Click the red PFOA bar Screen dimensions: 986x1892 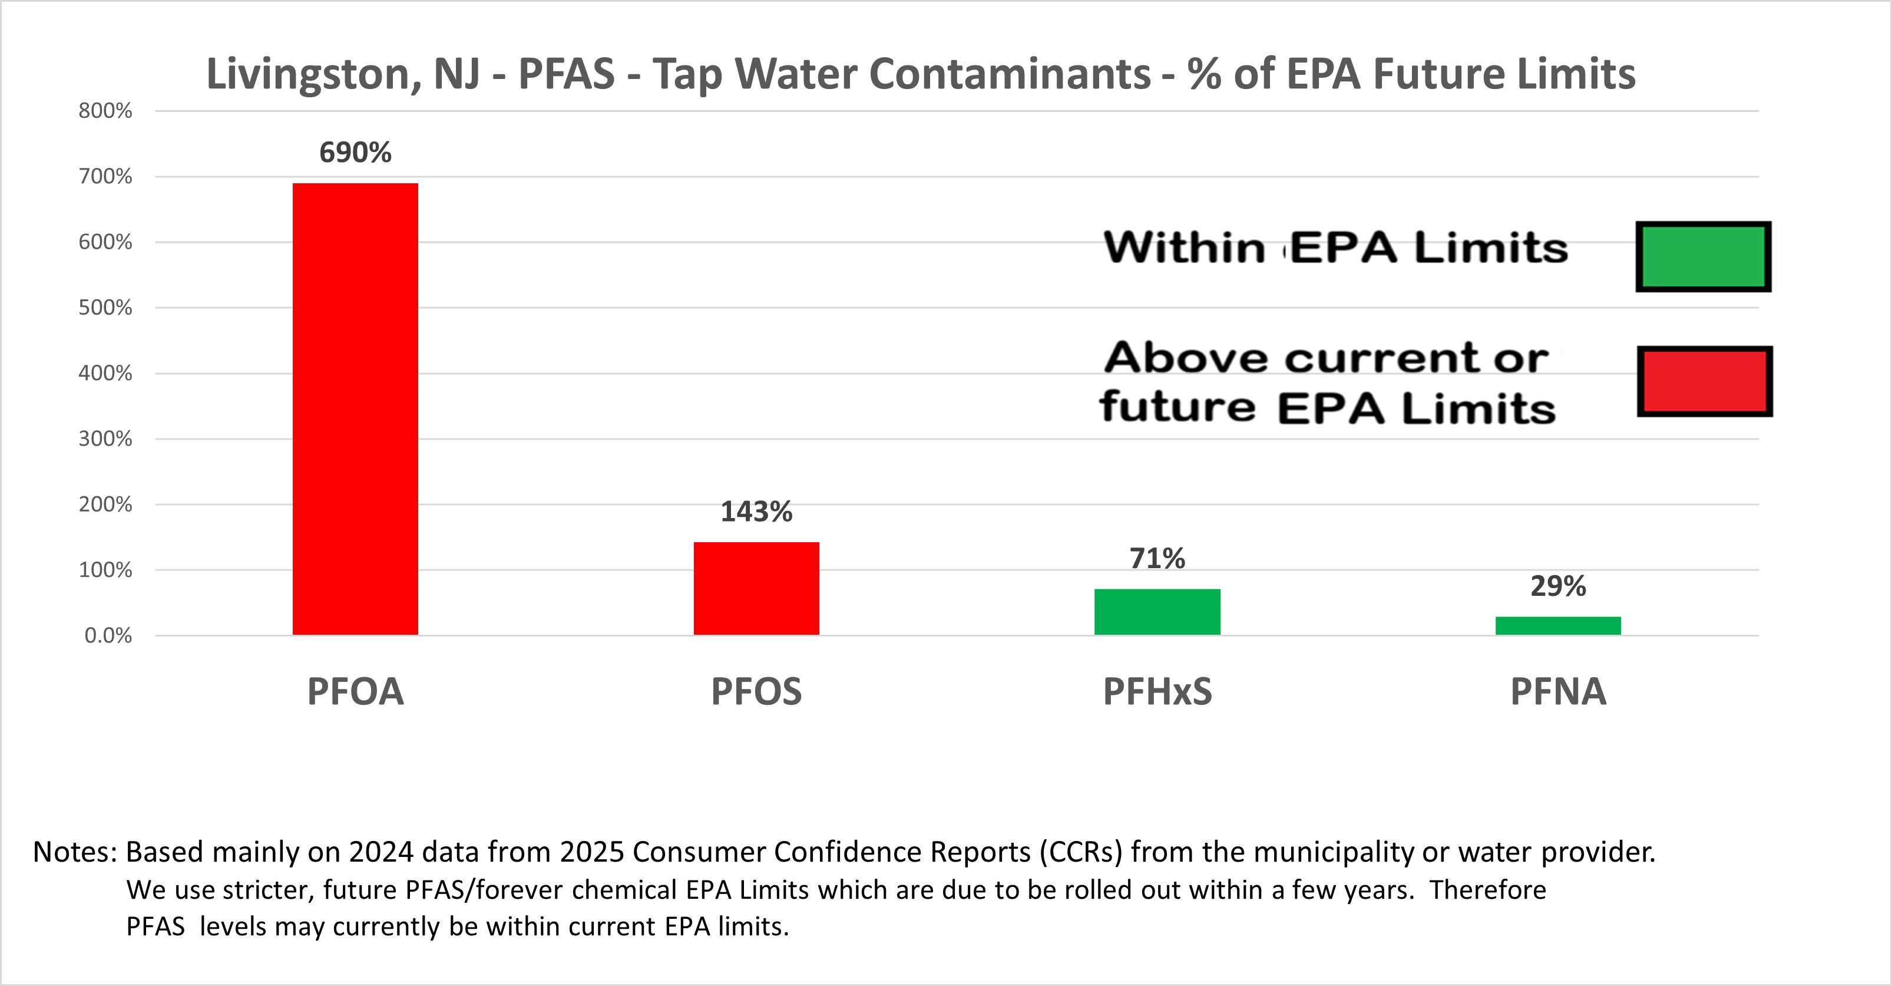[x=355, y=408]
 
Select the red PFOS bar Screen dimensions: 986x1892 [x=756, y=588]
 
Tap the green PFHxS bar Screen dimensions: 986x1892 [x=1157, y=611]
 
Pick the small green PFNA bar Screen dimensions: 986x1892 [x=1558, y=625]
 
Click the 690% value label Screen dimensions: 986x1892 [x=355, y=152]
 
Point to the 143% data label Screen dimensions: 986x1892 [x=756, y=512]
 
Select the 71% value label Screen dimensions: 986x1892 [x=1157, y=558]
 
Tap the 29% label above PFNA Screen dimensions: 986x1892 [x=1558, y=586]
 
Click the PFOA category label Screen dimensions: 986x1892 [x=355, y=691]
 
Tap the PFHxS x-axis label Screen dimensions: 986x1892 [x=1157, y=691]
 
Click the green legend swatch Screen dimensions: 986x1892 [x=1704, y=256]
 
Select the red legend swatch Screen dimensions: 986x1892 [x=1705, y=381]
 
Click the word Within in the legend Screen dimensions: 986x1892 [x=1183, y=248]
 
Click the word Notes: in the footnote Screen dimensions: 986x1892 [x=75, y=852]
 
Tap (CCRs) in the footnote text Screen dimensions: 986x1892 [x=1080, y=852]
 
